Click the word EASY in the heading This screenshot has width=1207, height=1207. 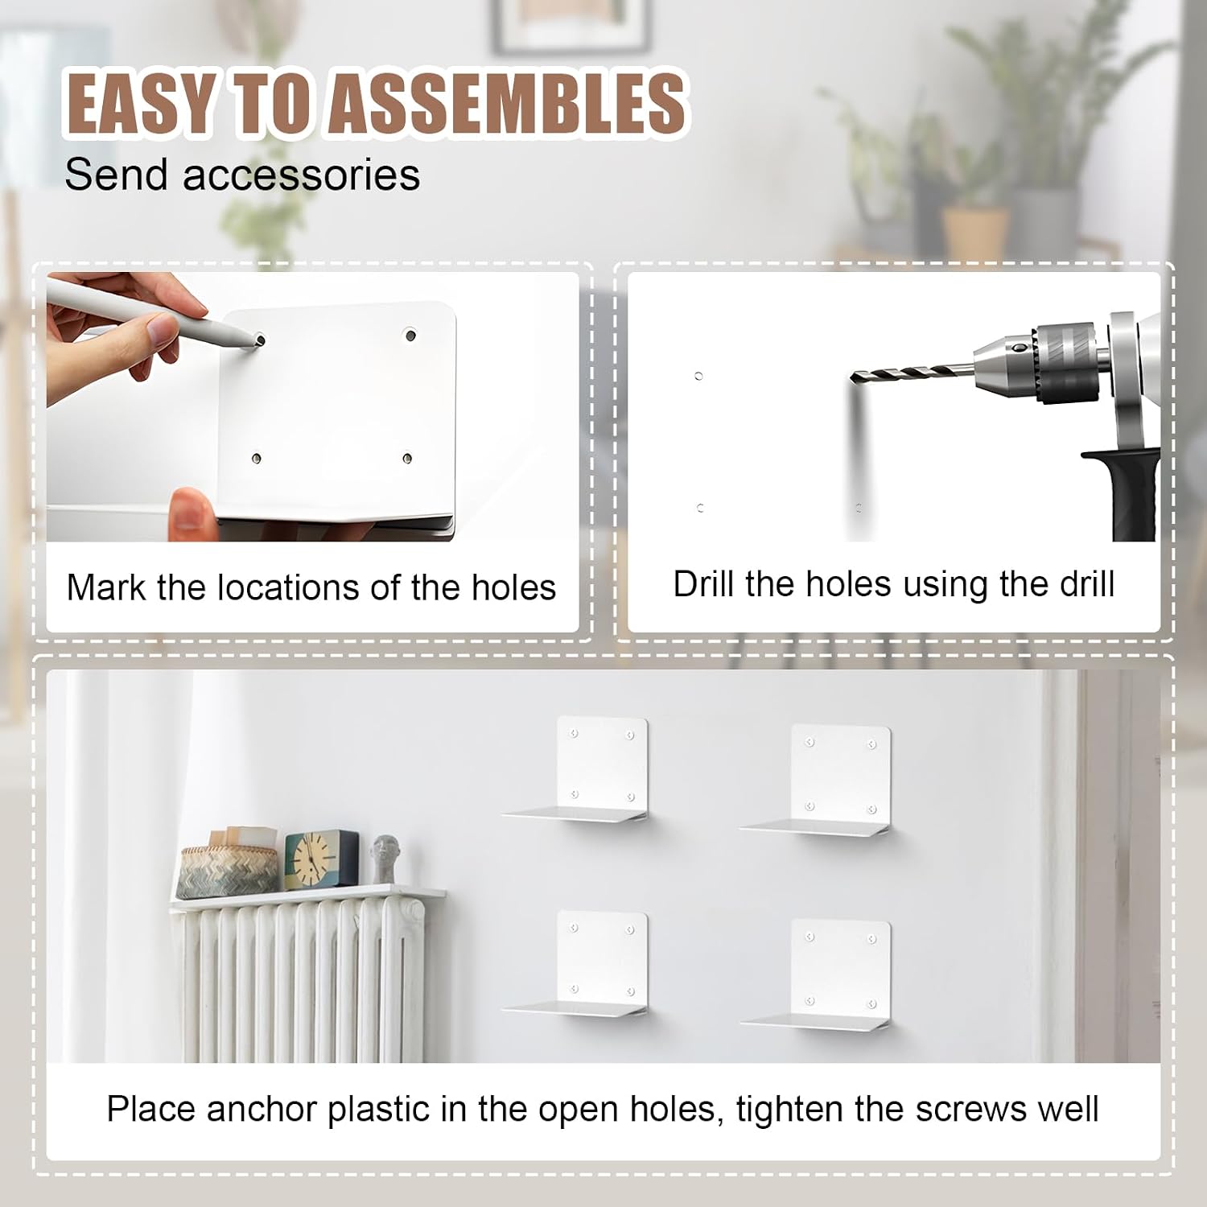coord(139,102)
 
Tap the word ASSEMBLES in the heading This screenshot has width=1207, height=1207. coord(508,102)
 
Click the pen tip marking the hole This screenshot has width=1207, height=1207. coord(259,340)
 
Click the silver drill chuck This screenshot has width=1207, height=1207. coord(1038,363)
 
